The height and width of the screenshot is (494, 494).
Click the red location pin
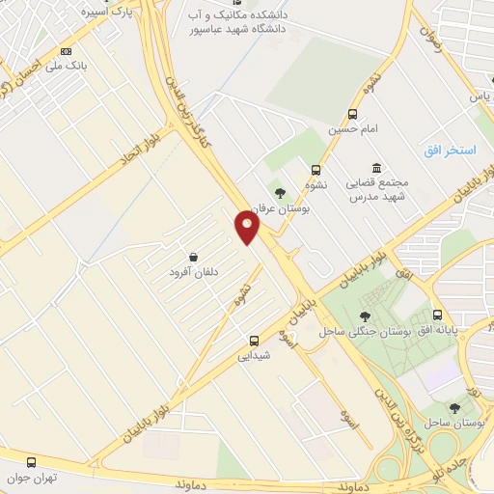[x=248, y=227]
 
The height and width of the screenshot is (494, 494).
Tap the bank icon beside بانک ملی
[x=67, y=50]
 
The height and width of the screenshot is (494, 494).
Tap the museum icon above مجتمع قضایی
[x=375, y=167]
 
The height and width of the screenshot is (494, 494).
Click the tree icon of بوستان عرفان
[x=280, y=194]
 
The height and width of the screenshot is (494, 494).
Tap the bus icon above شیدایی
[x=255, y=340]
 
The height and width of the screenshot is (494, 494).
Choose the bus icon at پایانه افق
[x=438, y=315]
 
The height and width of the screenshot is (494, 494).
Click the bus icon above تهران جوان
[x=32, y=462]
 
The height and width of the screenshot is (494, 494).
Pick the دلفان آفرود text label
[x=194, y=272]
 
